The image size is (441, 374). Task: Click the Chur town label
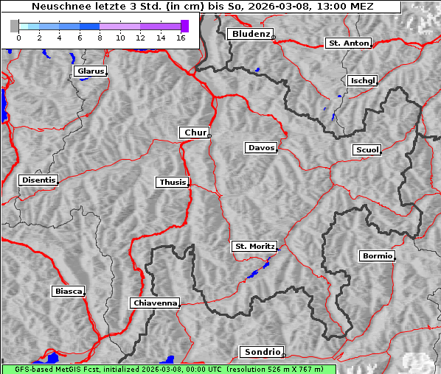(195, 133)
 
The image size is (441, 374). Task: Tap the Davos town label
(260, 148)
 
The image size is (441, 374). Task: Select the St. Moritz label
(254, 247)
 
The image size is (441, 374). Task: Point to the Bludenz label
(249, 34)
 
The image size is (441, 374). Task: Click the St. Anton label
(347, 43)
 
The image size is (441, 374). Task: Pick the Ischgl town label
(362, 80)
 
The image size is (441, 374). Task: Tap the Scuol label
(367, 150)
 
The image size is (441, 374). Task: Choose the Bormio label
(377, 256)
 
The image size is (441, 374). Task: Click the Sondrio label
(261, 352)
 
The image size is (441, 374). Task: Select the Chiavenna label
(155, 303)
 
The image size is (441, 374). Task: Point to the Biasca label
(68, 292)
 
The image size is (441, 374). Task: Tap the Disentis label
(38, 180)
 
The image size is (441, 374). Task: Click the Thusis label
(173, 182)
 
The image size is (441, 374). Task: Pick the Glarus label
(89, 71)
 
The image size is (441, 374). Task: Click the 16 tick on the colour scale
(181, 37)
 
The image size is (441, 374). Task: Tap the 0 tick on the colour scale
(18, 37)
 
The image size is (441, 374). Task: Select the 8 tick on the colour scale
(100, 37)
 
